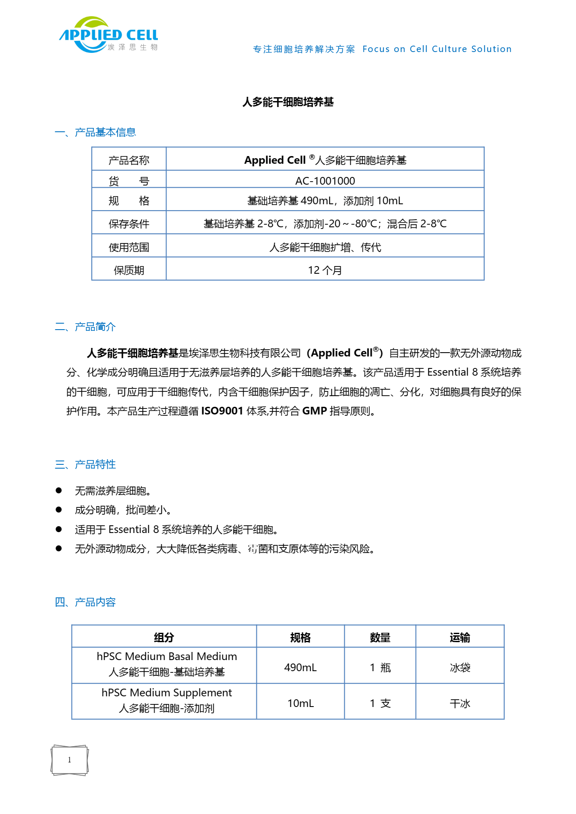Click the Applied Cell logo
coord(109,35)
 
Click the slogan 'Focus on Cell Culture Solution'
coord(436,49)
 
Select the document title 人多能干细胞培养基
coord(288,102)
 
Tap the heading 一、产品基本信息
coord(95,132)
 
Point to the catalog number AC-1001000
coord(325,181)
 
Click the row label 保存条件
coord(129,224)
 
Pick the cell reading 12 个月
coord(325,270)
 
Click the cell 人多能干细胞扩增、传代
coord(325,247)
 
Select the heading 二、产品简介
coord(85,327)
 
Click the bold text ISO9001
coord(222,411)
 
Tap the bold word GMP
coord(314,411)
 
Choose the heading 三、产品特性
coord(85,464)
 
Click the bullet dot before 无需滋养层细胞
coord(59,490)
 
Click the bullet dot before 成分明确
coord(59,510)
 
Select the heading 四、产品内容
coord(85,602)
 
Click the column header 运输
coord(460,637)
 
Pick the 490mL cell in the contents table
coord(300,667)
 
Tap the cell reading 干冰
coord(460,704)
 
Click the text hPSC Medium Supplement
coord(166,692)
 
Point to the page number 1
coord(70,760)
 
